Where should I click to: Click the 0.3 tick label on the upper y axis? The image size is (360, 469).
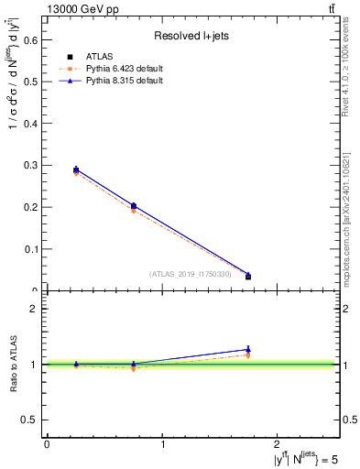click(30, 165)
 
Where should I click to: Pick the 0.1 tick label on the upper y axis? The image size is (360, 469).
click(30, 249)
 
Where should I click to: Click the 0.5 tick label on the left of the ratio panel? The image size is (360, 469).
click(30, 420)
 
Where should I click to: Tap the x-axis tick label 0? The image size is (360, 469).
click(47, 444)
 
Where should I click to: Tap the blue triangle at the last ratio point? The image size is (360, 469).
click(248, 349)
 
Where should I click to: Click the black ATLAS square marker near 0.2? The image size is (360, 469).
click(133, 206)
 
